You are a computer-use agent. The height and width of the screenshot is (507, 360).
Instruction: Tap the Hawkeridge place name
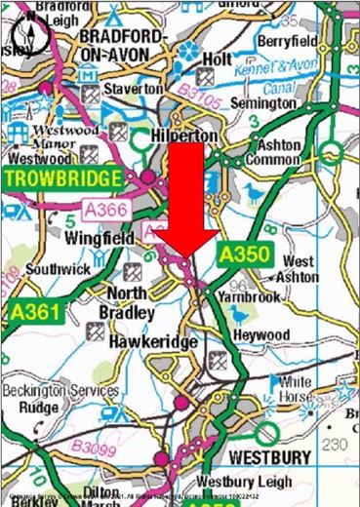click(x=153, y=343)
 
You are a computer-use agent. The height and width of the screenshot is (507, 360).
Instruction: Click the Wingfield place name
click(x=97, y=237)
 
